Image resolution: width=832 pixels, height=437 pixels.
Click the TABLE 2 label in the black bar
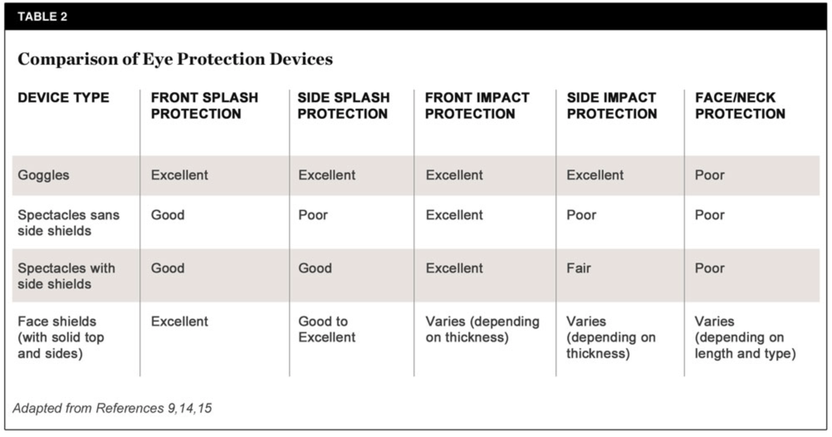tap(42, 17)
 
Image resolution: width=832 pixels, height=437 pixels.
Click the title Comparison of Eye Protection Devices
tap(175, 59)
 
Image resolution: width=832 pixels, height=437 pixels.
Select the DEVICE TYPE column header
tap(64, 98)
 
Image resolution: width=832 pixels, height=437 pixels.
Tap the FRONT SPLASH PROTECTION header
tap(205, 106)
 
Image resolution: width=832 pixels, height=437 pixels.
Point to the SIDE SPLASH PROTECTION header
tap(344, 106)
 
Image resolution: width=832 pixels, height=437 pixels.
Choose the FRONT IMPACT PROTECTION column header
tap(477, 106)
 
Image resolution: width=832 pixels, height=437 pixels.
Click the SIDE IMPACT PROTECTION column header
tap(612, 106)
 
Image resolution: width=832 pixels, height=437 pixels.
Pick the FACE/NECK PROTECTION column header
tap(740, 106)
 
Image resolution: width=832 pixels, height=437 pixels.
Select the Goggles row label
tap(44, 175)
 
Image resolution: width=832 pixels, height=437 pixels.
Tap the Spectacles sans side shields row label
tap(69, 223)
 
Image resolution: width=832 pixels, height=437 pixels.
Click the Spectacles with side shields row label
tap(66, 276)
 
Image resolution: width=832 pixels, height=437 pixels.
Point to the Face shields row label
tap(61, 337)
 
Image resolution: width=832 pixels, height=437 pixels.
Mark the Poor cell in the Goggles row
tap(710, 175)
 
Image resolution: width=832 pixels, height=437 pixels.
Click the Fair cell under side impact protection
tap(579, 268)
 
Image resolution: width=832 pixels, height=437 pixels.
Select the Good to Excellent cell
tap(327, 329)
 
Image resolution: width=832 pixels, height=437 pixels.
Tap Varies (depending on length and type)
tap(745, 337)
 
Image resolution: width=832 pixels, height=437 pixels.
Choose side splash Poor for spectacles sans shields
tap(313, 215)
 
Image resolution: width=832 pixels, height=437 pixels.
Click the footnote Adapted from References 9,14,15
tap(113, 408)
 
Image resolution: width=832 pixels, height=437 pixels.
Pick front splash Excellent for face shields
tap(179, 322)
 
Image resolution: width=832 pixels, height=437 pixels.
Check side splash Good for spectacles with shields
tap(315, 268)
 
